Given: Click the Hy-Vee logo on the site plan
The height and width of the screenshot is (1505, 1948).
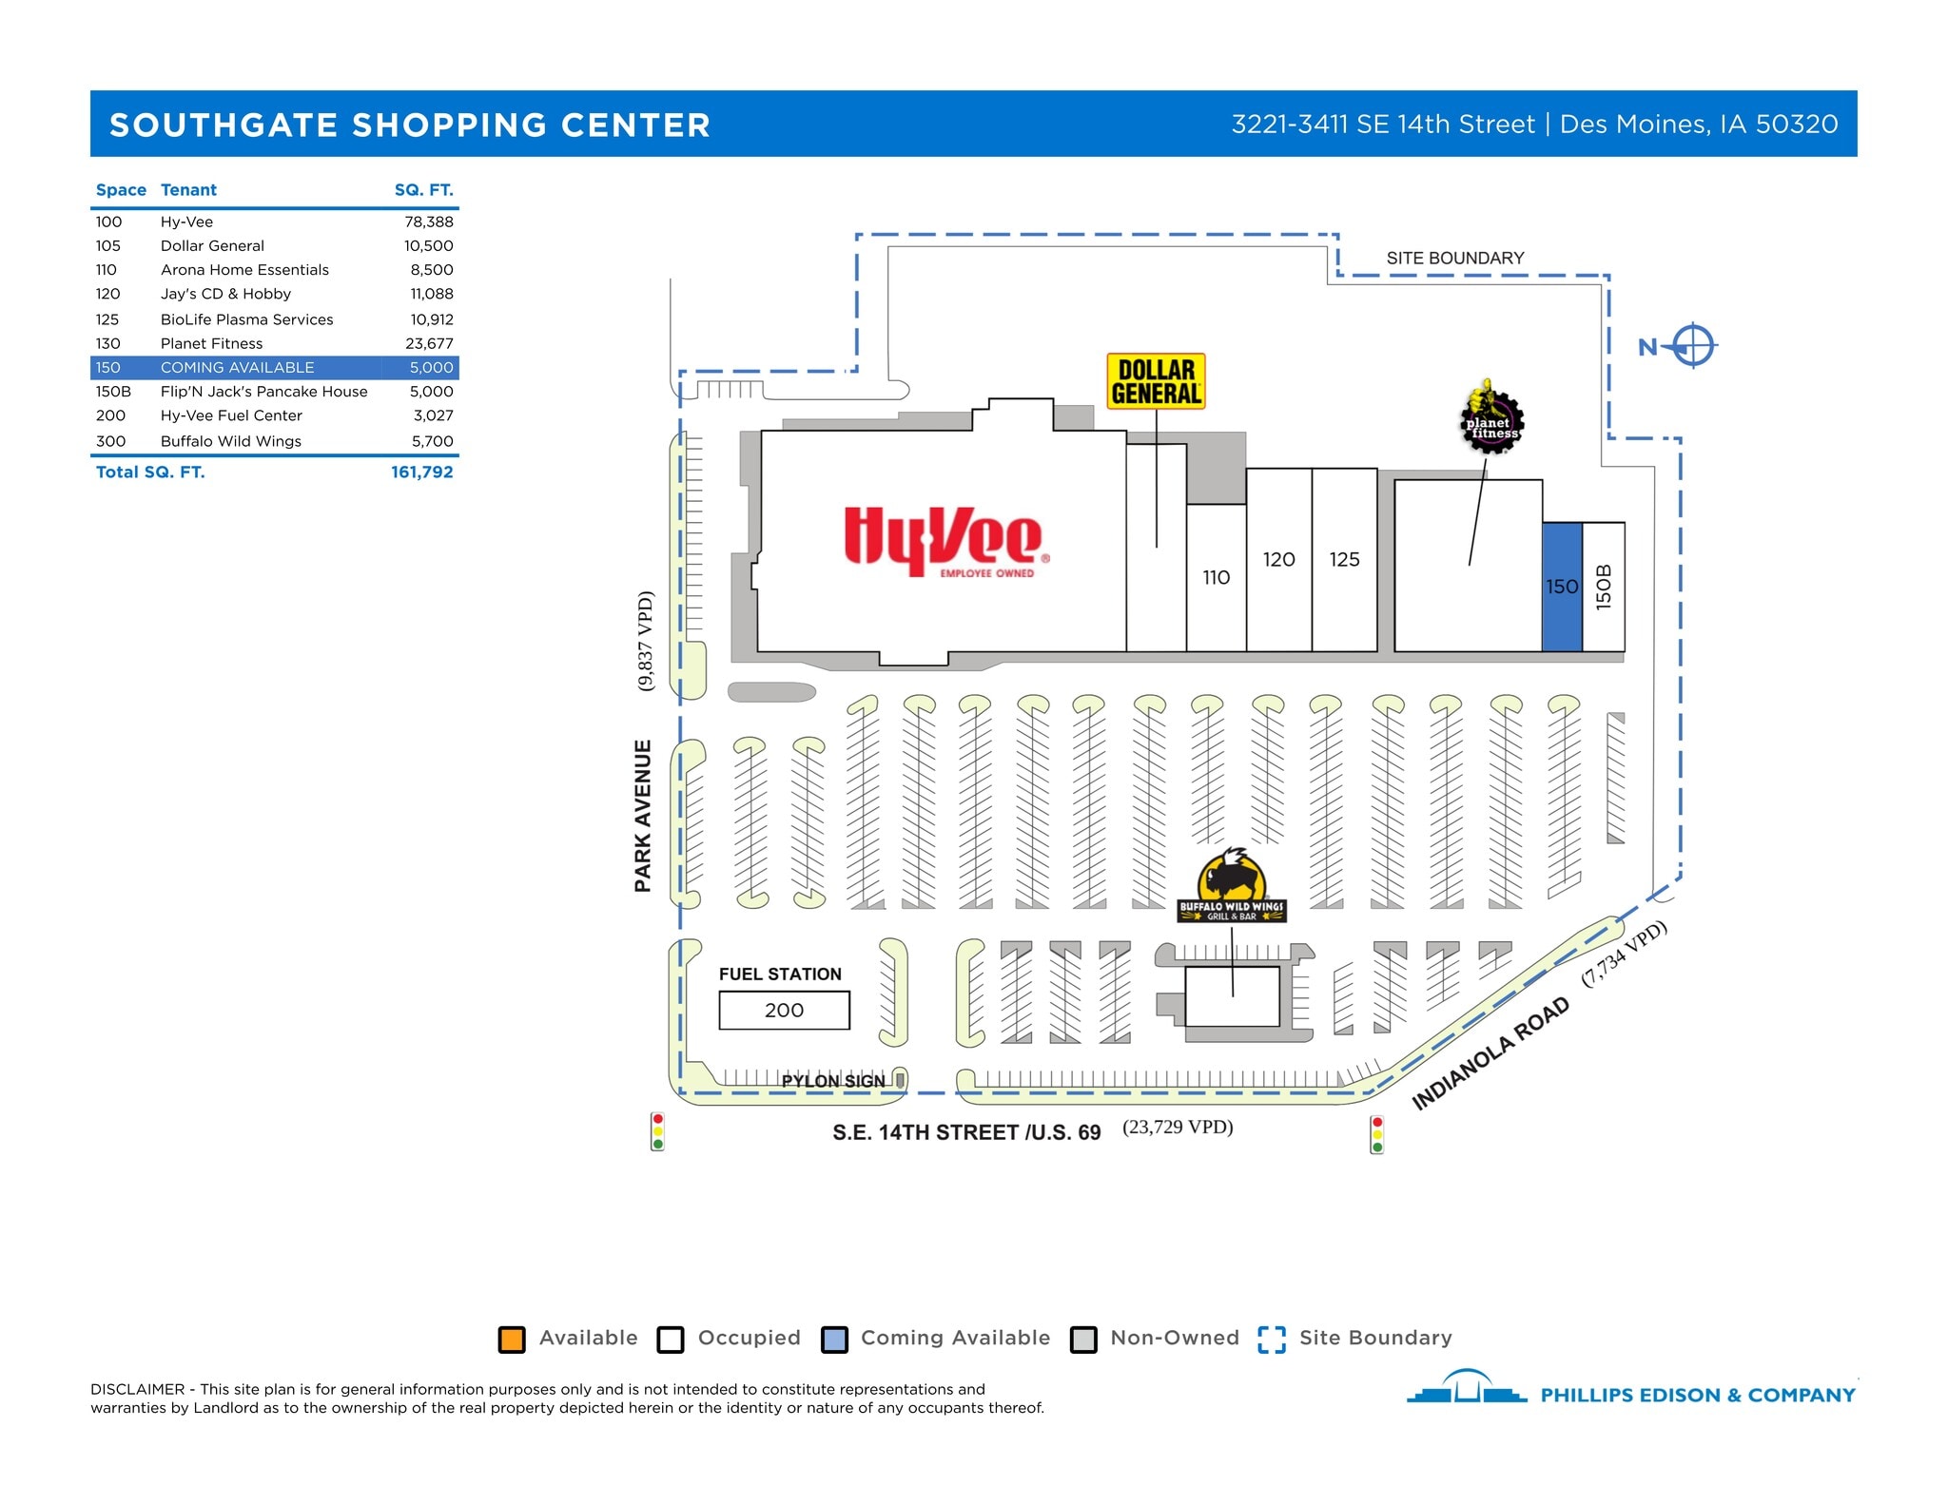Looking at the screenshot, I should tap(945, 542).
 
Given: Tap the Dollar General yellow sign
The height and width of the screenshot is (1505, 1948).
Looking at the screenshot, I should tap(1156, 381).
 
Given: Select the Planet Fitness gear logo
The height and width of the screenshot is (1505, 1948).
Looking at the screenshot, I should tap(1490, 418).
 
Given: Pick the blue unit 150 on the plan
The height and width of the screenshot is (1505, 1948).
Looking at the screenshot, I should tap(1561, 587).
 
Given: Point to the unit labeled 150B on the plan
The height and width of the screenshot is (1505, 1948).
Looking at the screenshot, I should tap(1604, 587).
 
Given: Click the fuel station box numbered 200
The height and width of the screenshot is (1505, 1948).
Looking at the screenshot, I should tap(784, 1010).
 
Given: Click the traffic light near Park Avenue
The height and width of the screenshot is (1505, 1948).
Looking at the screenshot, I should tap(657, 1131).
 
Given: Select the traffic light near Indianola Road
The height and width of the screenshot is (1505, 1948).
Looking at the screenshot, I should tap(1376, 1134).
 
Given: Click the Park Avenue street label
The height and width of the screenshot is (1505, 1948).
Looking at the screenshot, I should tap(644, 815).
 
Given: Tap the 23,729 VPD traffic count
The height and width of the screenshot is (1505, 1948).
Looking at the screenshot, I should tap(1178, 1127).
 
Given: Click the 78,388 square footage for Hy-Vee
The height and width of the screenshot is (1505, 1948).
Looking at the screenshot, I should tap(429, 222).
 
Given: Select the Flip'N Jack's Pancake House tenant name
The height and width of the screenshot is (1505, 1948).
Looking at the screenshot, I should tap(263, 392).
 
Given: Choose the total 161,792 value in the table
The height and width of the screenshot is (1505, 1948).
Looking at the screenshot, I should tap(421, 472).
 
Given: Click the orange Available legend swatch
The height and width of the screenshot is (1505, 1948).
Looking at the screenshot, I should tap(512, 1339).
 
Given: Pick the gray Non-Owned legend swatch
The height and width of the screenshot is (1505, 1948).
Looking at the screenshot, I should tap(1083, 1339).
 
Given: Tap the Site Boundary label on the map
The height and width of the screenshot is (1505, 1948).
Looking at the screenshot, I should tap(1454, 258).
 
